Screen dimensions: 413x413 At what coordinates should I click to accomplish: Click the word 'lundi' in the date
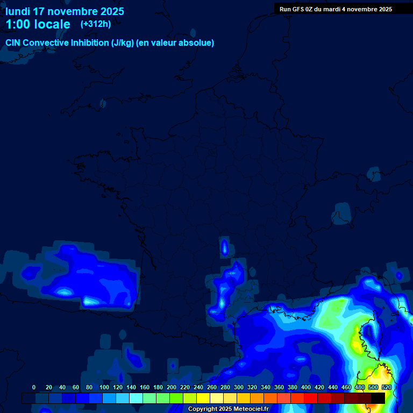[18, 11]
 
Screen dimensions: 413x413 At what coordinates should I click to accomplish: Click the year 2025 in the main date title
[111, 11]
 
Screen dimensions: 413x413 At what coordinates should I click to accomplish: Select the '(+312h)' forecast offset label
[96, 24]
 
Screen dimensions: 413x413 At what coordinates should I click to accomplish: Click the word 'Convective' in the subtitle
[46, 43]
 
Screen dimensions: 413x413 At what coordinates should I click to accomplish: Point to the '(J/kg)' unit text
[122, 43]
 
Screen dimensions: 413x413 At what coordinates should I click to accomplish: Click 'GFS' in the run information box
[301, 9]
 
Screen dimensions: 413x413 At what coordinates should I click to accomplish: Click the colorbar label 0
[34, 388]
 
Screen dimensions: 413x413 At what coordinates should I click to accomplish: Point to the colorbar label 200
[172, 388]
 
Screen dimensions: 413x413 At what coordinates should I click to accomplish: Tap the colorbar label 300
[239, 388]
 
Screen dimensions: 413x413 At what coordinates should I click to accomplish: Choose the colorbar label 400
[306, 388]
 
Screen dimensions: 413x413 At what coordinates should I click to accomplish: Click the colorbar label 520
[387, 388]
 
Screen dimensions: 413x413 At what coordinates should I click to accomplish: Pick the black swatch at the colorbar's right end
[378, 398]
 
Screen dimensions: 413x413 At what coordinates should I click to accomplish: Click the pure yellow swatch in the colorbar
[203, 398]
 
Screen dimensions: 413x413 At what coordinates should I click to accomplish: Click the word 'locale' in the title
[52, 24]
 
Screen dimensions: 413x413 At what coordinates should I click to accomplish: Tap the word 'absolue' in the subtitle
[195, 43]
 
